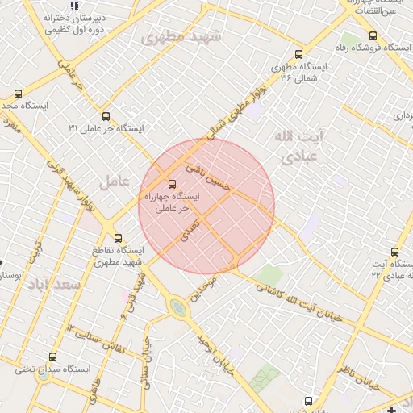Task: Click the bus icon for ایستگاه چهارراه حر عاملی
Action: click(170, 183)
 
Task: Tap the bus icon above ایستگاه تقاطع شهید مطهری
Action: click(119, 238)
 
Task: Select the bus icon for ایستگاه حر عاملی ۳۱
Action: click(106, 116)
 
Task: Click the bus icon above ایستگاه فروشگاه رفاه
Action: click(372, 35)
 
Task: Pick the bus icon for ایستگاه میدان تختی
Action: click(53, 357)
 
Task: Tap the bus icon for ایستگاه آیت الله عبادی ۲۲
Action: click(394, 252)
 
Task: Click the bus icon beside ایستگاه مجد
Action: click(18, 94)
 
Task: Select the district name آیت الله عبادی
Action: click(296, 145)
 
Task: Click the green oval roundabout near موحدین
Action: click(177, 306)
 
